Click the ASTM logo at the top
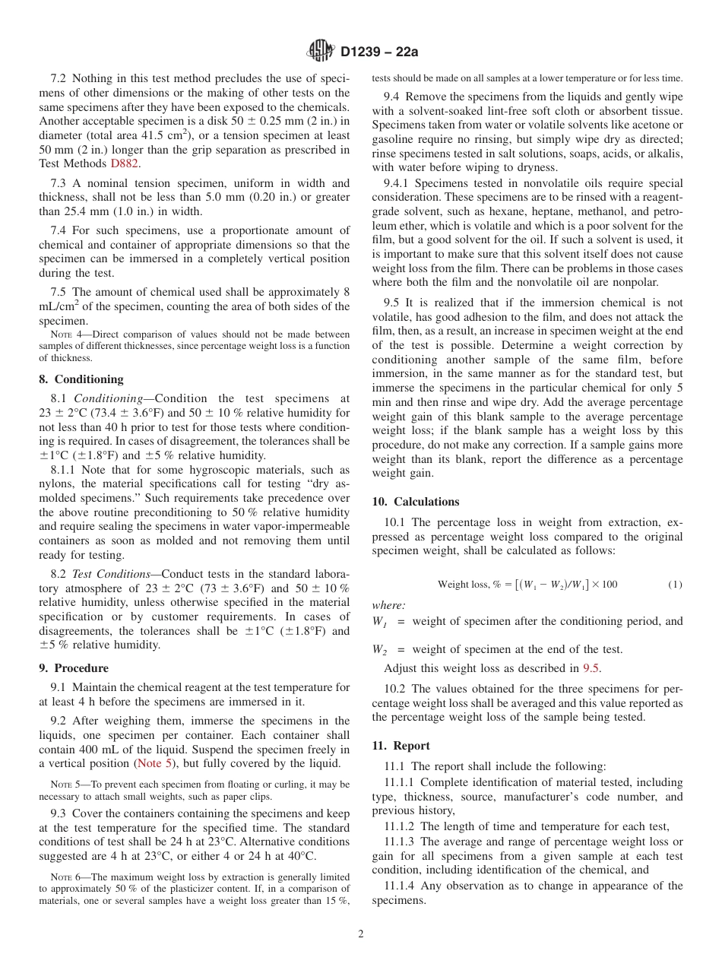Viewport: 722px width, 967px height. click(x=321, y=52)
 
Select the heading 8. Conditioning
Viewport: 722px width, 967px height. click(x=81, y=379)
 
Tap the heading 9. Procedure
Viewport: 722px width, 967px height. click(x=74, y=668)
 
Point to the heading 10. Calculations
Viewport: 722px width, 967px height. click(x=416, y=502)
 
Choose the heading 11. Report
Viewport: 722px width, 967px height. click(x=401, y=746)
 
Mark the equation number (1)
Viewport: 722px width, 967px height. click(x=675, y=585)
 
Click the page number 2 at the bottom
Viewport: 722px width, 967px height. click(x=361, y=934)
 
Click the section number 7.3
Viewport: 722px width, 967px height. click(x=59, y=183)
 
